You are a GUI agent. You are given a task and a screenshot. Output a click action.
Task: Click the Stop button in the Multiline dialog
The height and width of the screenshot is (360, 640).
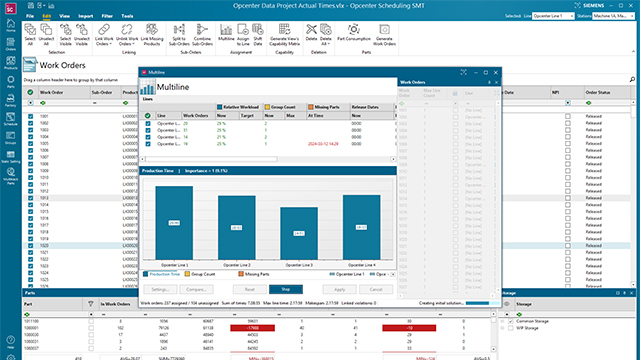point(285,288)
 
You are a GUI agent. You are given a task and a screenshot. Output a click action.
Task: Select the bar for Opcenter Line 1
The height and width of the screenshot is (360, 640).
point(174,222)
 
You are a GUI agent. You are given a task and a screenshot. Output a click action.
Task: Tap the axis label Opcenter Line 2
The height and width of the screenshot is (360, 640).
point(237,264)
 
